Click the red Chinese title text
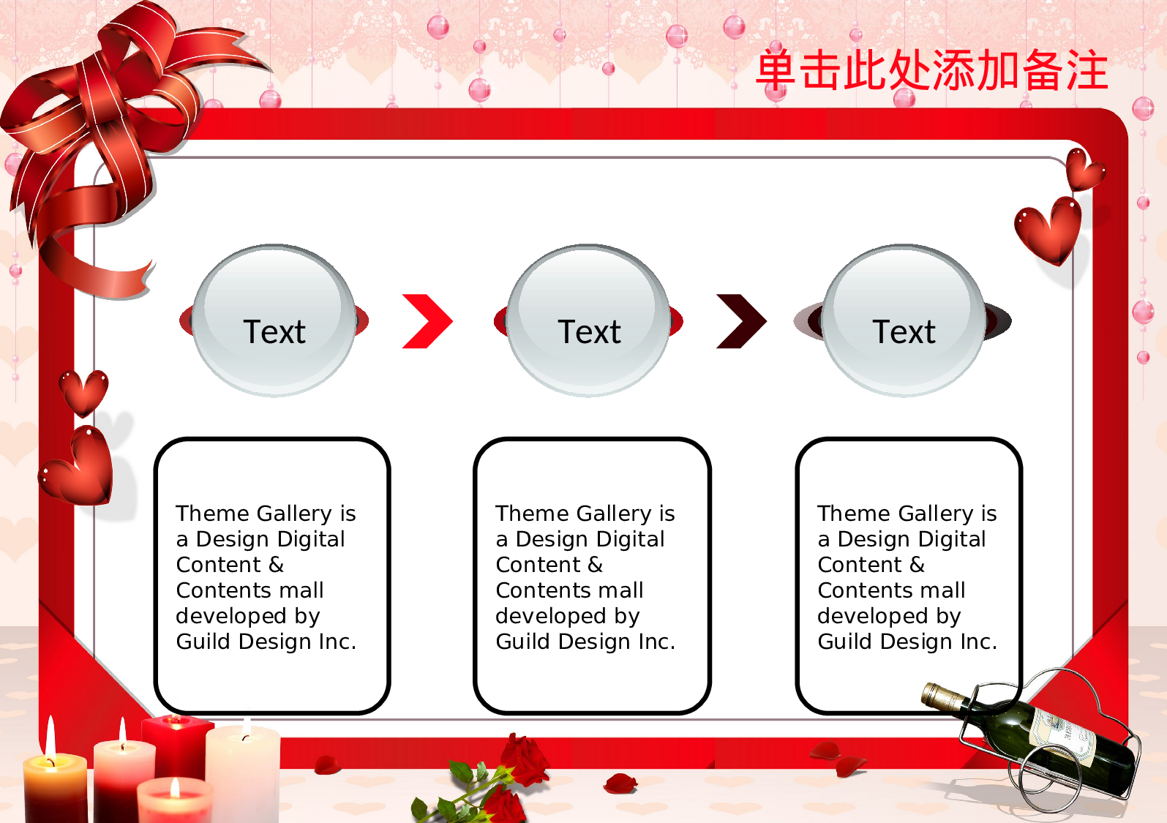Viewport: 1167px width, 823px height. (931, 71)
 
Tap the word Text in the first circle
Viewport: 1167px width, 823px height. (274, 332)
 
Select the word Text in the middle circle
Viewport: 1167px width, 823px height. (589, 332)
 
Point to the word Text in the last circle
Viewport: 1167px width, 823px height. (904, 332)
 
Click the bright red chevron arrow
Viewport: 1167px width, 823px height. (428, 321)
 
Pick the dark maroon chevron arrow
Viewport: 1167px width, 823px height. (742, 321)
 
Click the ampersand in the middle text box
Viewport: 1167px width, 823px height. (595, 565)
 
